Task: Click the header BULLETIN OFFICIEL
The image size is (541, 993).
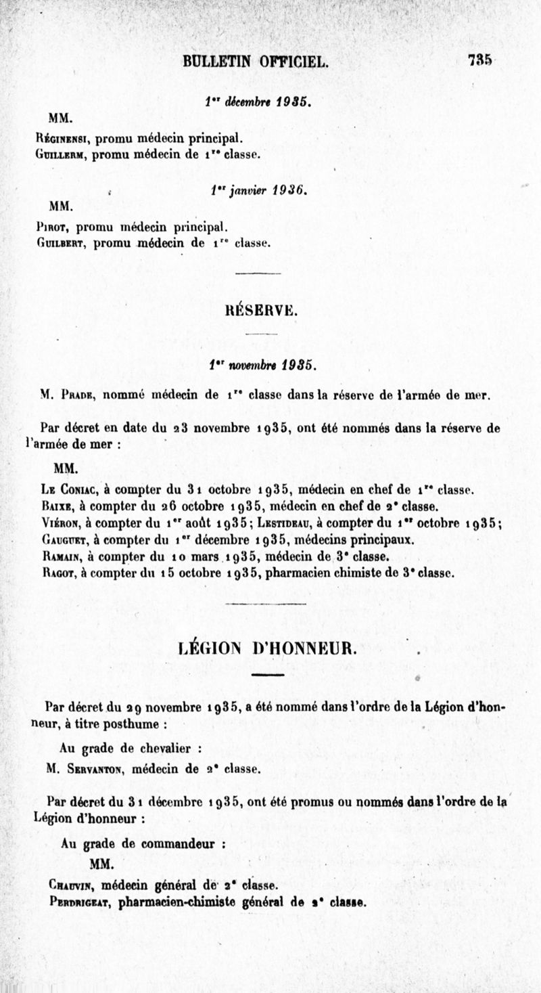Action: coord(256,62)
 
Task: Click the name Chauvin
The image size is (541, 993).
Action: coord(70,885)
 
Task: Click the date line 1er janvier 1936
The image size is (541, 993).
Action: coord(256,192)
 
